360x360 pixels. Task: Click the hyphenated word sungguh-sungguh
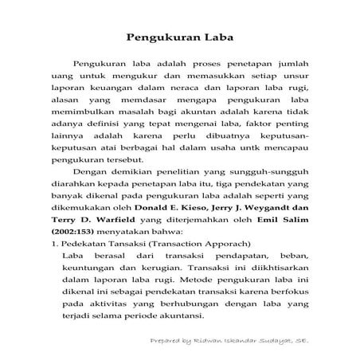[258, 180]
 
